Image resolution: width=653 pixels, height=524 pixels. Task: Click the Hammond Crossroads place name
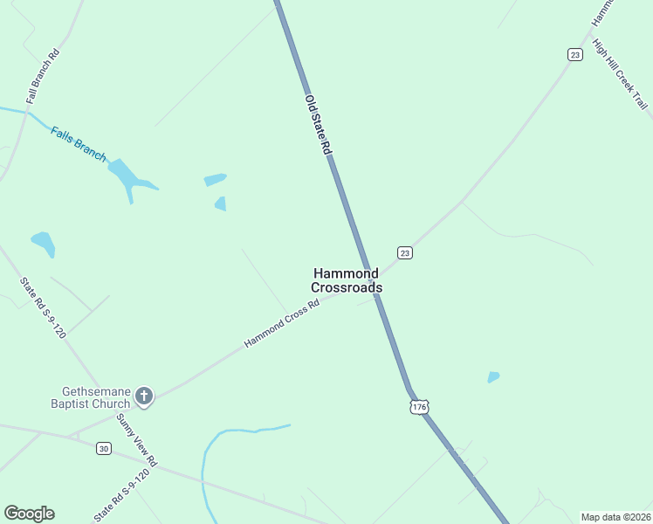(x=346, y=280)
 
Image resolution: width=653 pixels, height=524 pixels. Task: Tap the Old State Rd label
(x=318, y=125)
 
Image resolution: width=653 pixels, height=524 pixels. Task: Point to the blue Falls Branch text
(x=78, y=144)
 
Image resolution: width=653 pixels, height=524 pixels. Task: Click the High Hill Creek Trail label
(x=620, y=74)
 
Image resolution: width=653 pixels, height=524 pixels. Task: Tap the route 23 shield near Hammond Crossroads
(x=404, y=252)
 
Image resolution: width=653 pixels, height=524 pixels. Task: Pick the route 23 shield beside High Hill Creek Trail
(x=574, y=54)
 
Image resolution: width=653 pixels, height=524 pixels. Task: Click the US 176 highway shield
(x=420, y=407)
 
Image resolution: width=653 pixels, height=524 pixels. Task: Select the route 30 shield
(x=104, y=449)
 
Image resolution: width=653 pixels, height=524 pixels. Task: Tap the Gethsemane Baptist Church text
(x=96, y=397)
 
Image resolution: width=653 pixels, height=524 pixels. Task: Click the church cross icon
(x=144, y=397)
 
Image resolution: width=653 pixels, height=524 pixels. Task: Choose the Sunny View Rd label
(x=138, y=441)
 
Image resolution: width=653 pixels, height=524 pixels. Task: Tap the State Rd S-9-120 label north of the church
(x=42, y=307)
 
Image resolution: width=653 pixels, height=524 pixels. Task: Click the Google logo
(x=29, y=514)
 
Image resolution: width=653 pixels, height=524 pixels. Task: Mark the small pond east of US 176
(x=493, y=377)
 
